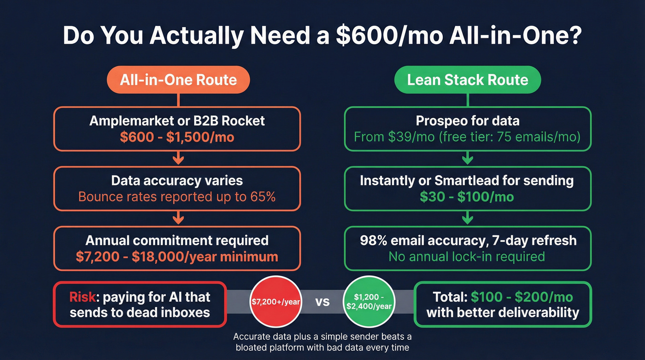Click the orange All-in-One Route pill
(178, 80)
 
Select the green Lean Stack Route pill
(467, 80)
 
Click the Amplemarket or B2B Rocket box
(177, 129)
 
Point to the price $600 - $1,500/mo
(177, 137)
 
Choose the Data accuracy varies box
(177, 189)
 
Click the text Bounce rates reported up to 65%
(177, 197)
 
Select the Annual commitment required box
(177, 248)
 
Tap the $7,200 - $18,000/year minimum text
(177, 256)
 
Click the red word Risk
(83, 296)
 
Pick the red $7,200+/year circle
(276, 302)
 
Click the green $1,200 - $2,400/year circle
(370, 302)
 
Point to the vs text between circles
(323, 303)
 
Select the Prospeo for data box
(467, 129)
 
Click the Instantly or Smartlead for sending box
(467, 189)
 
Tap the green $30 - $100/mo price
(467, 197)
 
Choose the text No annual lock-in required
(467, 256)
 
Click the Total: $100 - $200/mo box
(503, 304)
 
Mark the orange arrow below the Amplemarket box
(178, 159)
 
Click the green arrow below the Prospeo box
(467, 159)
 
